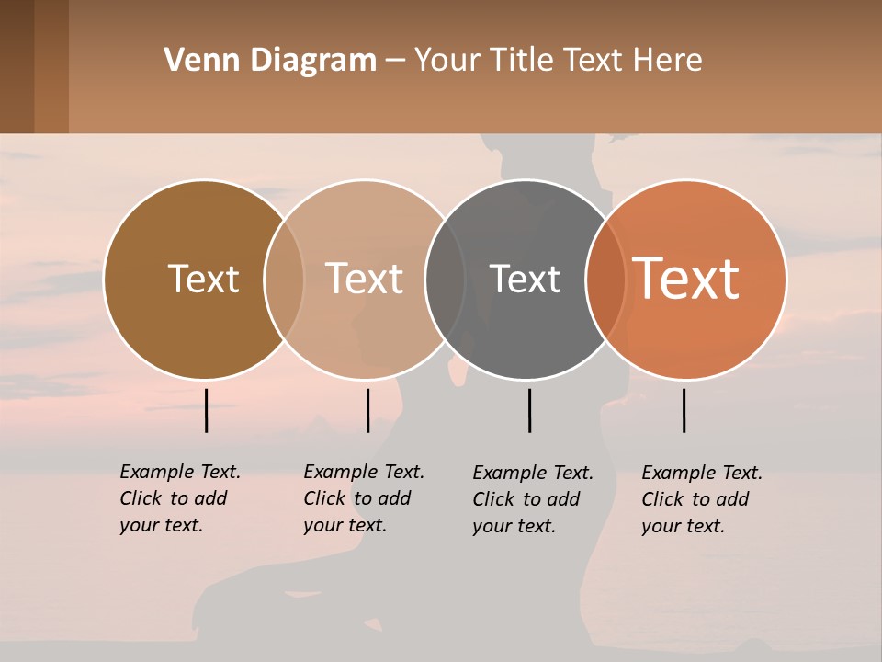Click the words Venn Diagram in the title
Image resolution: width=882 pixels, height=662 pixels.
(270, 61)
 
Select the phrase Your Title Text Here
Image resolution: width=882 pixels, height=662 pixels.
(558, 61)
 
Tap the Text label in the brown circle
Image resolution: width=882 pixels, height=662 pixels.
(203, 279)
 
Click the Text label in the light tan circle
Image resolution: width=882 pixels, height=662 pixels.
(365, 279)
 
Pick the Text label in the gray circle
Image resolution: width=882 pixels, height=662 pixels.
(525, 279)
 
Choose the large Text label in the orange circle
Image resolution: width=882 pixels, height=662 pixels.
(686, 278)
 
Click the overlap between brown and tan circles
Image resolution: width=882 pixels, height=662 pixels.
(284, 280)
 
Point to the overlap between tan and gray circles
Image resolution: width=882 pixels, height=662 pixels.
(445, 280)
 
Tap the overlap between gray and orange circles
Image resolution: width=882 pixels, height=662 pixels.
(605, 280)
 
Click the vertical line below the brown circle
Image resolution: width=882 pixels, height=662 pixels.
(206, 410)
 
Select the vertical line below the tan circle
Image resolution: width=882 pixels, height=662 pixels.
(367, 410)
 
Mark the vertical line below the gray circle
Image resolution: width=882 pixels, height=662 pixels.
(529, 410)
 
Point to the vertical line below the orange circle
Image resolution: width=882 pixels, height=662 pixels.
(684, 410)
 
